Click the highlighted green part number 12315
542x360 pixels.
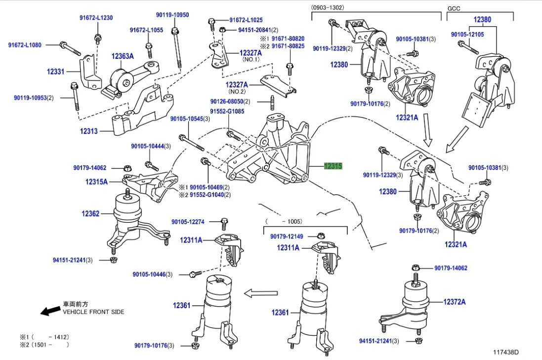coord(333,166)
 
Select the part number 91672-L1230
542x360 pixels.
coord(96,18)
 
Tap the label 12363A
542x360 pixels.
coord(122,56)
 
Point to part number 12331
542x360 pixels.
coord(56,72)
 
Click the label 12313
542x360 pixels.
coord(89,131)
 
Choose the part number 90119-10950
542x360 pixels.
coord(173,15)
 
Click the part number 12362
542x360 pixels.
coord(90,214)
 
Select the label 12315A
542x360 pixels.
coord(96,182)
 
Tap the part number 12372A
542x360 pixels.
coord(454,301)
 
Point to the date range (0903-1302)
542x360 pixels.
coord(328,8)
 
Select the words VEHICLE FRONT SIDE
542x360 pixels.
coord(93,312)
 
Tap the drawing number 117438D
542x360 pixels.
coord(505,352)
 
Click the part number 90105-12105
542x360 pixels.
coord(467,34)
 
